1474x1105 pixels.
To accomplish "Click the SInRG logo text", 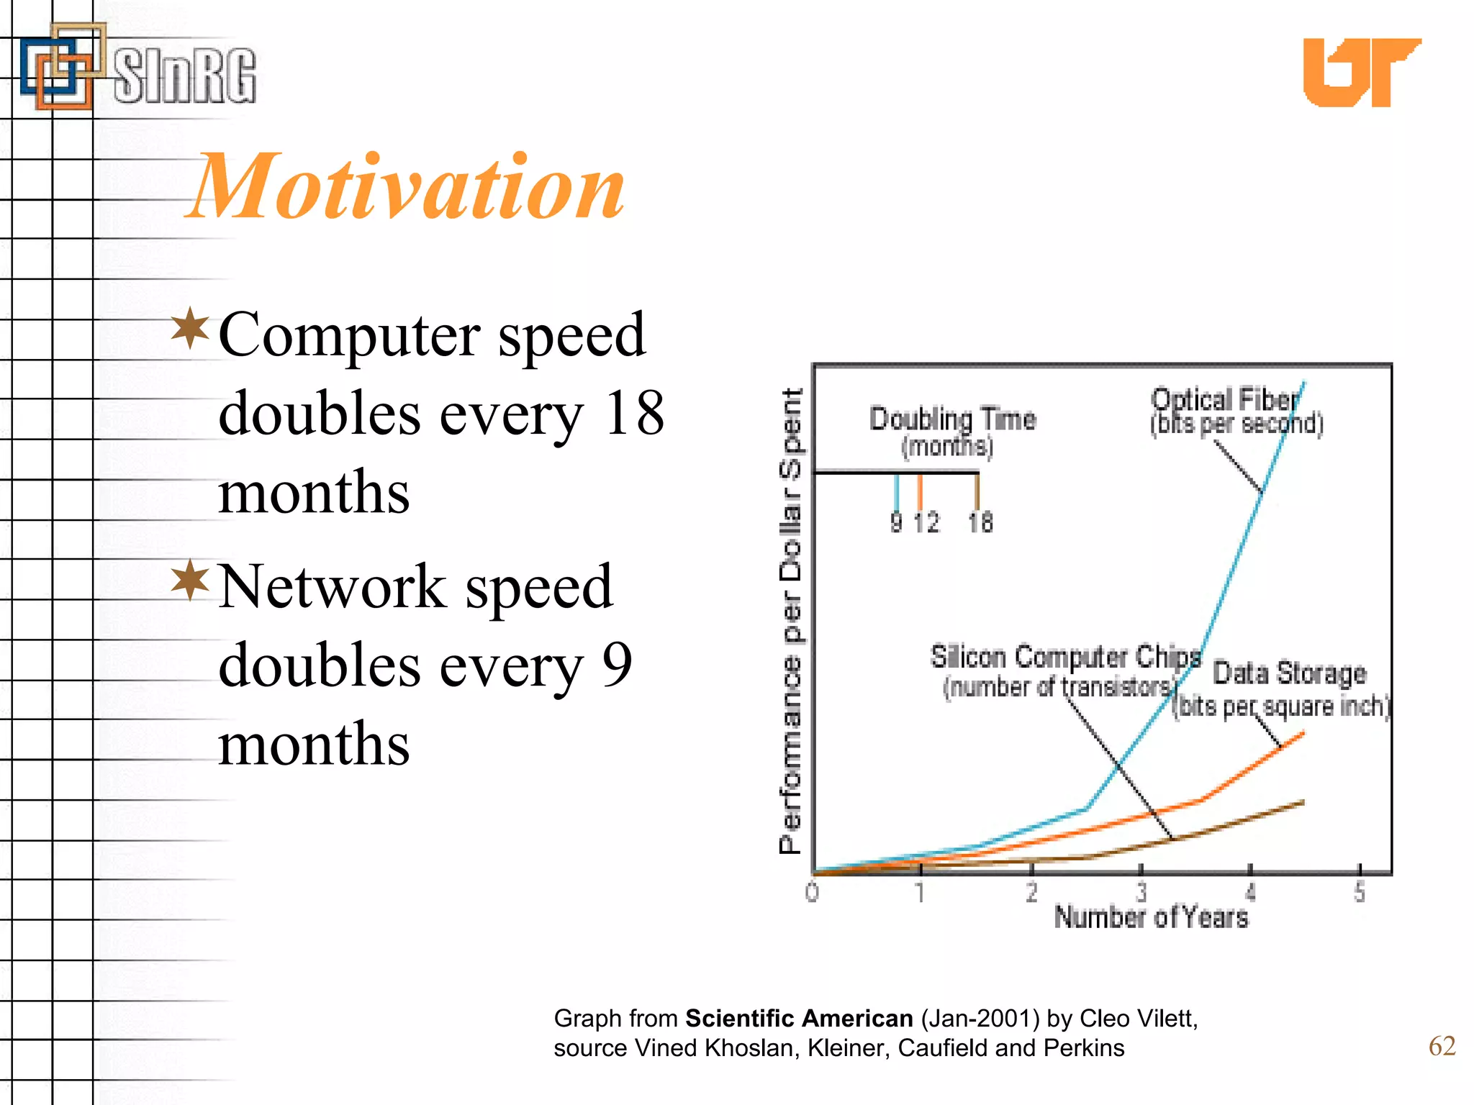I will [184, 76].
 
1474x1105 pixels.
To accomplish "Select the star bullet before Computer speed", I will [190, 329].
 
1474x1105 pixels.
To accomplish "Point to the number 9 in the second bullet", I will [617, 665].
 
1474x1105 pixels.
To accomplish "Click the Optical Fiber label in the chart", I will [1225, 400].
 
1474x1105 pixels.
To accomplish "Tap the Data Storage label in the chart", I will [1289, 673].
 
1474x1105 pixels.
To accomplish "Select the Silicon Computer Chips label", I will [1065, 657].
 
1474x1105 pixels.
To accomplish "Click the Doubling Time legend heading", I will [952, 419].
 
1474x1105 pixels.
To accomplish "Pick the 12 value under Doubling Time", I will [926, 523].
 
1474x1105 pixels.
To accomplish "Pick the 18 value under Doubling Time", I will [980, 523].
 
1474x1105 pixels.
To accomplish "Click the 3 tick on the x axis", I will [1141, 893].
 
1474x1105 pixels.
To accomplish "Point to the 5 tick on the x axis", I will [1359, 893].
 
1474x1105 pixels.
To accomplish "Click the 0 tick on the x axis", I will [812, 893].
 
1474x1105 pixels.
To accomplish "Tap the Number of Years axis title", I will [1151, 918].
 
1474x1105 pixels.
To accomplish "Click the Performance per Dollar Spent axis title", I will [790, 620].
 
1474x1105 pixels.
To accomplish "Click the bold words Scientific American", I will [798, 1019].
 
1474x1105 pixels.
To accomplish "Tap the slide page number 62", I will [1442, 1046].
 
